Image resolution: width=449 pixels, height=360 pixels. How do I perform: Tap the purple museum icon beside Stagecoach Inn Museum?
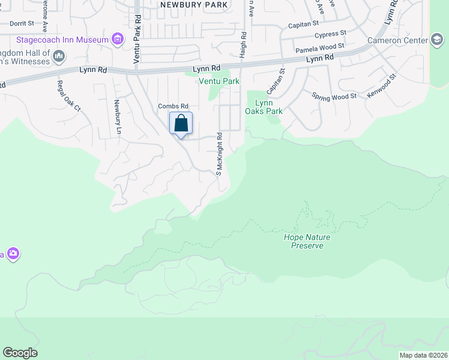(118, 40)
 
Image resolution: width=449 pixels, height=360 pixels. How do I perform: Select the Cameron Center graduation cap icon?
(438, 40)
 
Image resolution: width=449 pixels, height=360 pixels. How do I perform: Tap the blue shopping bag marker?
(181, 124)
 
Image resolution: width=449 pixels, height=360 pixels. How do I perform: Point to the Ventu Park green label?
(219, 81)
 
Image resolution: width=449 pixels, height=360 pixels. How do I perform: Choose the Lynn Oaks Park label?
(264, 107)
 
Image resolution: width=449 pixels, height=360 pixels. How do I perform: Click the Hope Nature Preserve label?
(307, 241)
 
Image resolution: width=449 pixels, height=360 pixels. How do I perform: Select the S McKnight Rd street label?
(219, 154)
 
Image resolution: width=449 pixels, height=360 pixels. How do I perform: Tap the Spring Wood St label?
(334, 95)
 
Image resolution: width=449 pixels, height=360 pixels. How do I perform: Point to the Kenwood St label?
(382, 87)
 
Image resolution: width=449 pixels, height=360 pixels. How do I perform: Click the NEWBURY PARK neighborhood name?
(194, 5)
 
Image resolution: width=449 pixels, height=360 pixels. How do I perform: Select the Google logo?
(20, 353)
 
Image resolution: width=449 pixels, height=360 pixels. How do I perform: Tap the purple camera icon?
(13, 254)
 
